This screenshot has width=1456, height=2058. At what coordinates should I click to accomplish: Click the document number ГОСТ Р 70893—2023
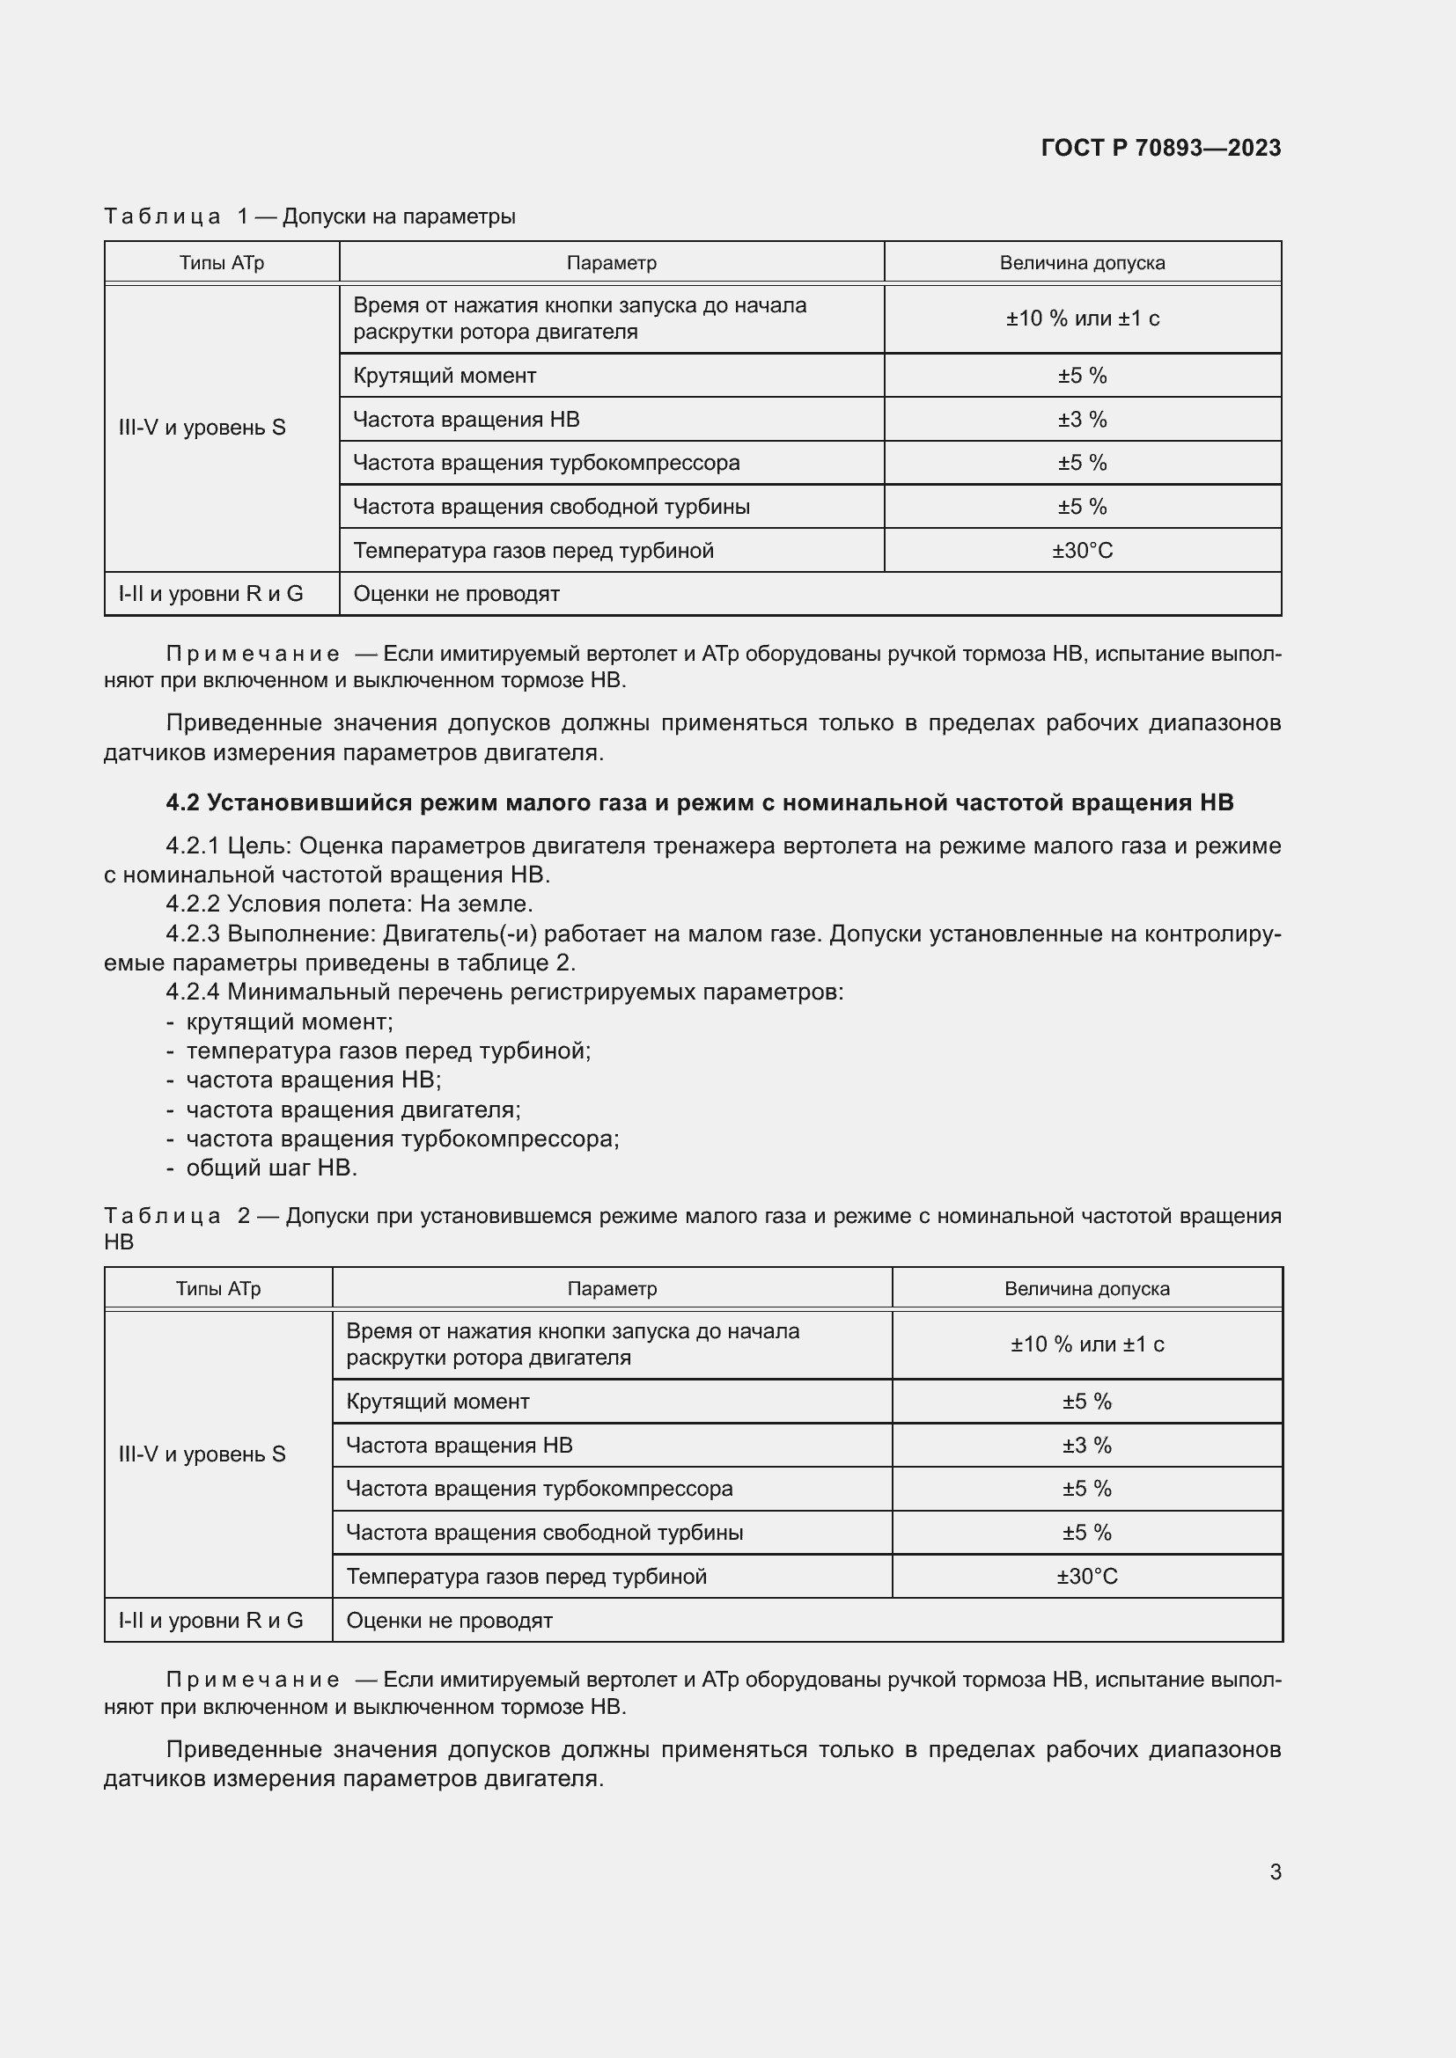(x=1160, y=148)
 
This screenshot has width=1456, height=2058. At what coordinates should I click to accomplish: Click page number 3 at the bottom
(x=1275, y=1871)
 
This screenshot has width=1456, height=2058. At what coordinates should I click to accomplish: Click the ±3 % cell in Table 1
(x=1082, y=420)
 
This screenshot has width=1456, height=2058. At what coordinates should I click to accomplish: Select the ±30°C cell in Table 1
(x=1082, y=550)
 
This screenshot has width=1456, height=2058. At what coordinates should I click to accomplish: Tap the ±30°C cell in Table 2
(x=1086, y=1577)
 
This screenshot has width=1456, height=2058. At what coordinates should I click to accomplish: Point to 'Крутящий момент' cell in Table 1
(x=445, y=376)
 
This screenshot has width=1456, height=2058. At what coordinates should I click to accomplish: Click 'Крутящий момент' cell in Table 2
(x=438, y=1402)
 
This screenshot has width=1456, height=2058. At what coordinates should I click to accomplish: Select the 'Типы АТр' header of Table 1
(x=222, y=262)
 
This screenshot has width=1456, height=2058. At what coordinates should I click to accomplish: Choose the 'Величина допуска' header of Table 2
(x=1086, y=1289)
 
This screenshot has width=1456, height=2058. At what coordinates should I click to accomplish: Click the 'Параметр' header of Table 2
(x=612, y=1289)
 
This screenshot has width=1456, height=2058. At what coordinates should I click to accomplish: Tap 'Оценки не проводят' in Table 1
(x=456, y=594)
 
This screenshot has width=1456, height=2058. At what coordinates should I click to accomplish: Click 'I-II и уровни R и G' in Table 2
(x=210, y=1621)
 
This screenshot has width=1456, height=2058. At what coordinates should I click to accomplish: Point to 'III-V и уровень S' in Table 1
(x=202, y=428)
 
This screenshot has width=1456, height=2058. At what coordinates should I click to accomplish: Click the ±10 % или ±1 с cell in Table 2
(x=1086, y=1344)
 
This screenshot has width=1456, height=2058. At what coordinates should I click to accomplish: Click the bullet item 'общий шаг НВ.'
(x=271, y=1168)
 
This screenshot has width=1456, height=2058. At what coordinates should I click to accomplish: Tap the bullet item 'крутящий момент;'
(x=289, y=1022)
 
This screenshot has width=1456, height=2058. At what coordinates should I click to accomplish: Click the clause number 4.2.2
(x=193, y=904)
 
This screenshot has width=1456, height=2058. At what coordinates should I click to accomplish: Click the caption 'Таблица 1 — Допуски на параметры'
(x=309, y=216)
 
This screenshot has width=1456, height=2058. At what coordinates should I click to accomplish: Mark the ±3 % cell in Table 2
(x=1086, y=1446)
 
